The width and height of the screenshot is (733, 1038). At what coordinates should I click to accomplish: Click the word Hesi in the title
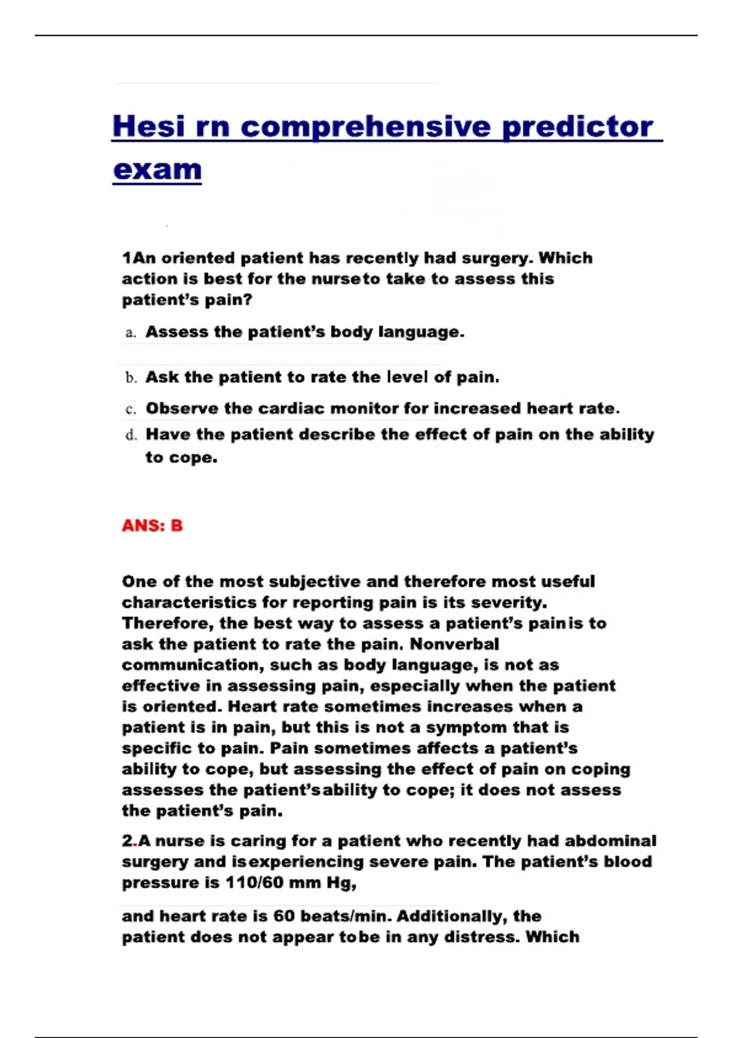click(x=148, y=126)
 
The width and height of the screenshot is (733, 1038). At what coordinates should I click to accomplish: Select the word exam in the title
click(x=158, y=170)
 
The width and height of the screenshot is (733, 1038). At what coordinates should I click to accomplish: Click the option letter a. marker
click(x=130, y=333)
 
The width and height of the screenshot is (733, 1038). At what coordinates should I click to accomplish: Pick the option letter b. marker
click(x=131, y=378)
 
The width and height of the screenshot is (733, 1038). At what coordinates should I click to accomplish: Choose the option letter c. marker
click(x=130, y=409)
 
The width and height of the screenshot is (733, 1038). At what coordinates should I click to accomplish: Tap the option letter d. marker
click(x=131, y=435)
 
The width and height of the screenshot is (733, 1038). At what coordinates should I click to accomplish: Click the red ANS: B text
click(x=152, y=526)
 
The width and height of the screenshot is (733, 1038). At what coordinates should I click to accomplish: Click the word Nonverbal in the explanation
click(x=454, y=644)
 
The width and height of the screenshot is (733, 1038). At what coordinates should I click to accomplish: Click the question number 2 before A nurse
click(x=127, y=841)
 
